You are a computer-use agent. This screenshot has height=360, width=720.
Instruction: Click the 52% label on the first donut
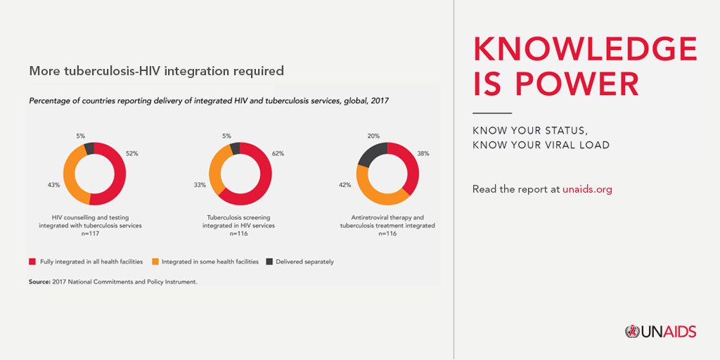point(131,153)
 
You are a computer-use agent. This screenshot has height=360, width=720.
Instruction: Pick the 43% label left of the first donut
point(54,185)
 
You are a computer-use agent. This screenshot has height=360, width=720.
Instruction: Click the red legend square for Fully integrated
point(32,262)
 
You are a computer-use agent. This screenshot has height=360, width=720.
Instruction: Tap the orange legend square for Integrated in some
point(155,262)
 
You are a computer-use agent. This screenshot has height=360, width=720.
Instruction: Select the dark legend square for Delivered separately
point(269,262)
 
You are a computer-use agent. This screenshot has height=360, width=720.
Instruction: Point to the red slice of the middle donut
point(261,176)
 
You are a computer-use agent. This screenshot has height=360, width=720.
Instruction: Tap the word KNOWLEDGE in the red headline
point(585,49)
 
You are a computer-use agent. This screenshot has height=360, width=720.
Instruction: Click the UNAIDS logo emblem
point(631,331)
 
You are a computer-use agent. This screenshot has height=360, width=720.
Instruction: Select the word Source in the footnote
point(41,281)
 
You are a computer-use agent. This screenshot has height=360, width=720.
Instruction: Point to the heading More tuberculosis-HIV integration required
point(156,71)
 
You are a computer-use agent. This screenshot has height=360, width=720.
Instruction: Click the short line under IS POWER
point(491,112)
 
